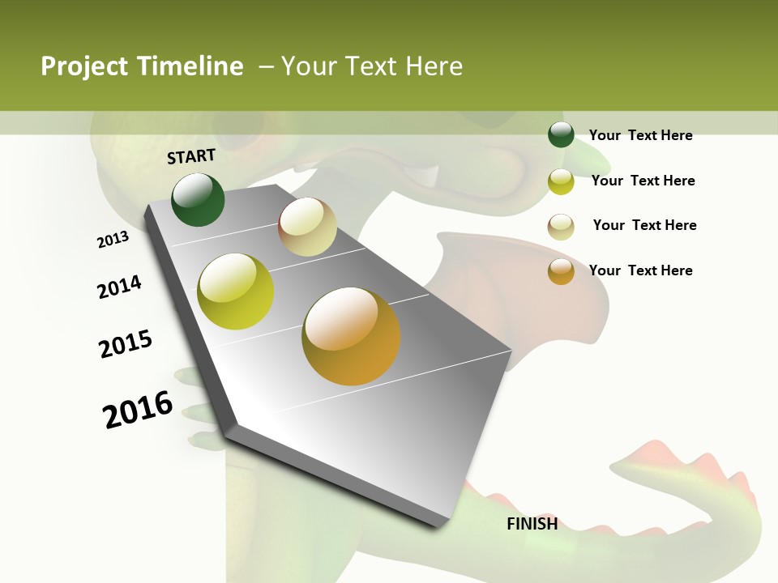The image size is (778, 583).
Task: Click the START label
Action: [x=191, y=156]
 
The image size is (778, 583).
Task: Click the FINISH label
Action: [x=532, y=524]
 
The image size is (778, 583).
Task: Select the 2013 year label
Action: [x=113, y=240]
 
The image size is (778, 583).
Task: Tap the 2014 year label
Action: [x=119, y=287]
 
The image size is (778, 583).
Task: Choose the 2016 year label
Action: [x=138, y=410]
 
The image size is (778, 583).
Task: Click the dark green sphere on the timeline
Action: [x=198, y=200]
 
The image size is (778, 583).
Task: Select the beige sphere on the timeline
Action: [x=307, y=227]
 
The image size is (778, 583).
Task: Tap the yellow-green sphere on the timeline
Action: [x=235, y=291]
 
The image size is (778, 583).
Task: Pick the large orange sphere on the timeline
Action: [x=351, y=336]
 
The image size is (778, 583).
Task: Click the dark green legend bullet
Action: [x=561, y=135]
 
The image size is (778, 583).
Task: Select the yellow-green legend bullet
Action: [x=561, y=181]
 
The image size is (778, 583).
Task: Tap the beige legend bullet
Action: [x=561, y=226]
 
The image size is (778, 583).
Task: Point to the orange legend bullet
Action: [x=561, y=271]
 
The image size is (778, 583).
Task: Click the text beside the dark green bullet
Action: [x=640, y=136]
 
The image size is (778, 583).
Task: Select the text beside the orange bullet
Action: [x=640, y=270]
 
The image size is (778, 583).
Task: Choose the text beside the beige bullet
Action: [x=644, y=225]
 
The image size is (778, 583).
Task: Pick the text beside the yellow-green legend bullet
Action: [x=643, y=181]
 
